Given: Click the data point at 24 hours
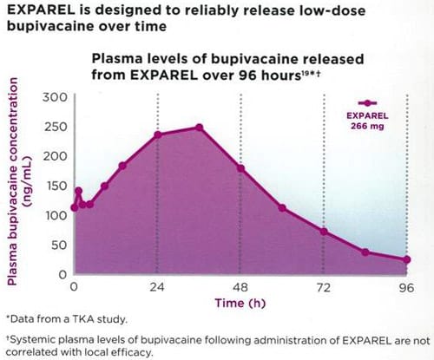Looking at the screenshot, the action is point(158,134).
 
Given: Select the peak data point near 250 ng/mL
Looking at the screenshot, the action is point(199,128).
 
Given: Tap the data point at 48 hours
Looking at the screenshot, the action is point(240,168).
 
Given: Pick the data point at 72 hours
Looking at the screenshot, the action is point(324,232).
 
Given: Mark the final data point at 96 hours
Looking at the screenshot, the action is point(407,259).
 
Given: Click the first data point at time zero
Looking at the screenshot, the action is point(75,207).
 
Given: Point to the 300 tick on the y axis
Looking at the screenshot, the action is point(55,97).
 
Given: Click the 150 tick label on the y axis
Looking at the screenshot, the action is point(56,186).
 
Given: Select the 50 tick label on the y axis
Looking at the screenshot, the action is point(59,245).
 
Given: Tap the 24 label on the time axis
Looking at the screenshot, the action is point(157,287).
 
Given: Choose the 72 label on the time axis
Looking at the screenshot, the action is point(324,287).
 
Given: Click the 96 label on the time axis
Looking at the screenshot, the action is point(406,288).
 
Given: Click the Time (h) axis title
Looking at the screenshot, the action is point(240,303).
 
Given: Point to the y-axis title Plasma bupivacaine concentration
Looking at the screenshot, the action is point(12,181).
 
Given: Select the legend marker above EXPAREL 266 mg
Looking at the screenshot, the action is point(367,102).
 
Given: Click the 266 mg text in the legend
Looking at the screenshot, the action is point(367,126).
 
